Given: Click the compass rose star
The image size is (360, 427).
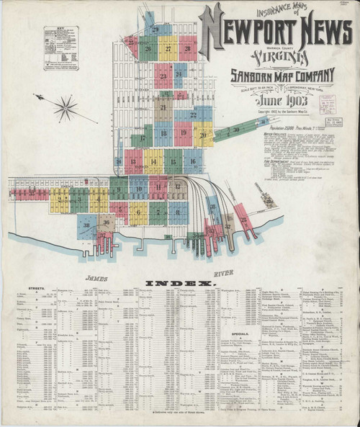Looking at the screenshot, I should [x=66, y=109].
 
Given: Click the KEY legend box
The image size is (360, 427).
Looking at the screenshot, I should [x=61, y=48].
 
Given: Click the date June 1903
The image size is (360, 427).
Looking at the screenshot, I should [x=272, y=100].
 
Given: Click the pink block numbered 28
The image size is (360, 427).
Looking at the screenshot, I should [x=188, y=49].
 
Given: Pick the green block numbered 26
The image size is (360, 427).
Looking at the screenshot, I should [x=148, y=49].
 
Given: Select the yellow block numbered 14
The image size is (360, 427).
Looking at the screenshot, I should [x=153, y=161].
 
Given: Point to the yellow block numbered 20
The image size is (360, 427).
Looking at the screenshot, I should [x=204, y=134].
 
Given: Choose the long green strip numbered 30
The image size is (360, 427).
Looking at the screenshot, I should [x=236, y=130].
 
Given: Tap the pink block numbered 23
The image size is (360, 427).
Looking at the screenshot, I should [x=163, y=76].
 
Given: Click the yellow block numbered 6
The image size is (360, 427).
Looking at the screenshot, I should [x=158, y=212].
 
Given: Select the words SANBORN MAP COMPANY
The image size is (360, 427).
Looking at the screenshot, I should [x=282, y=74].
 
